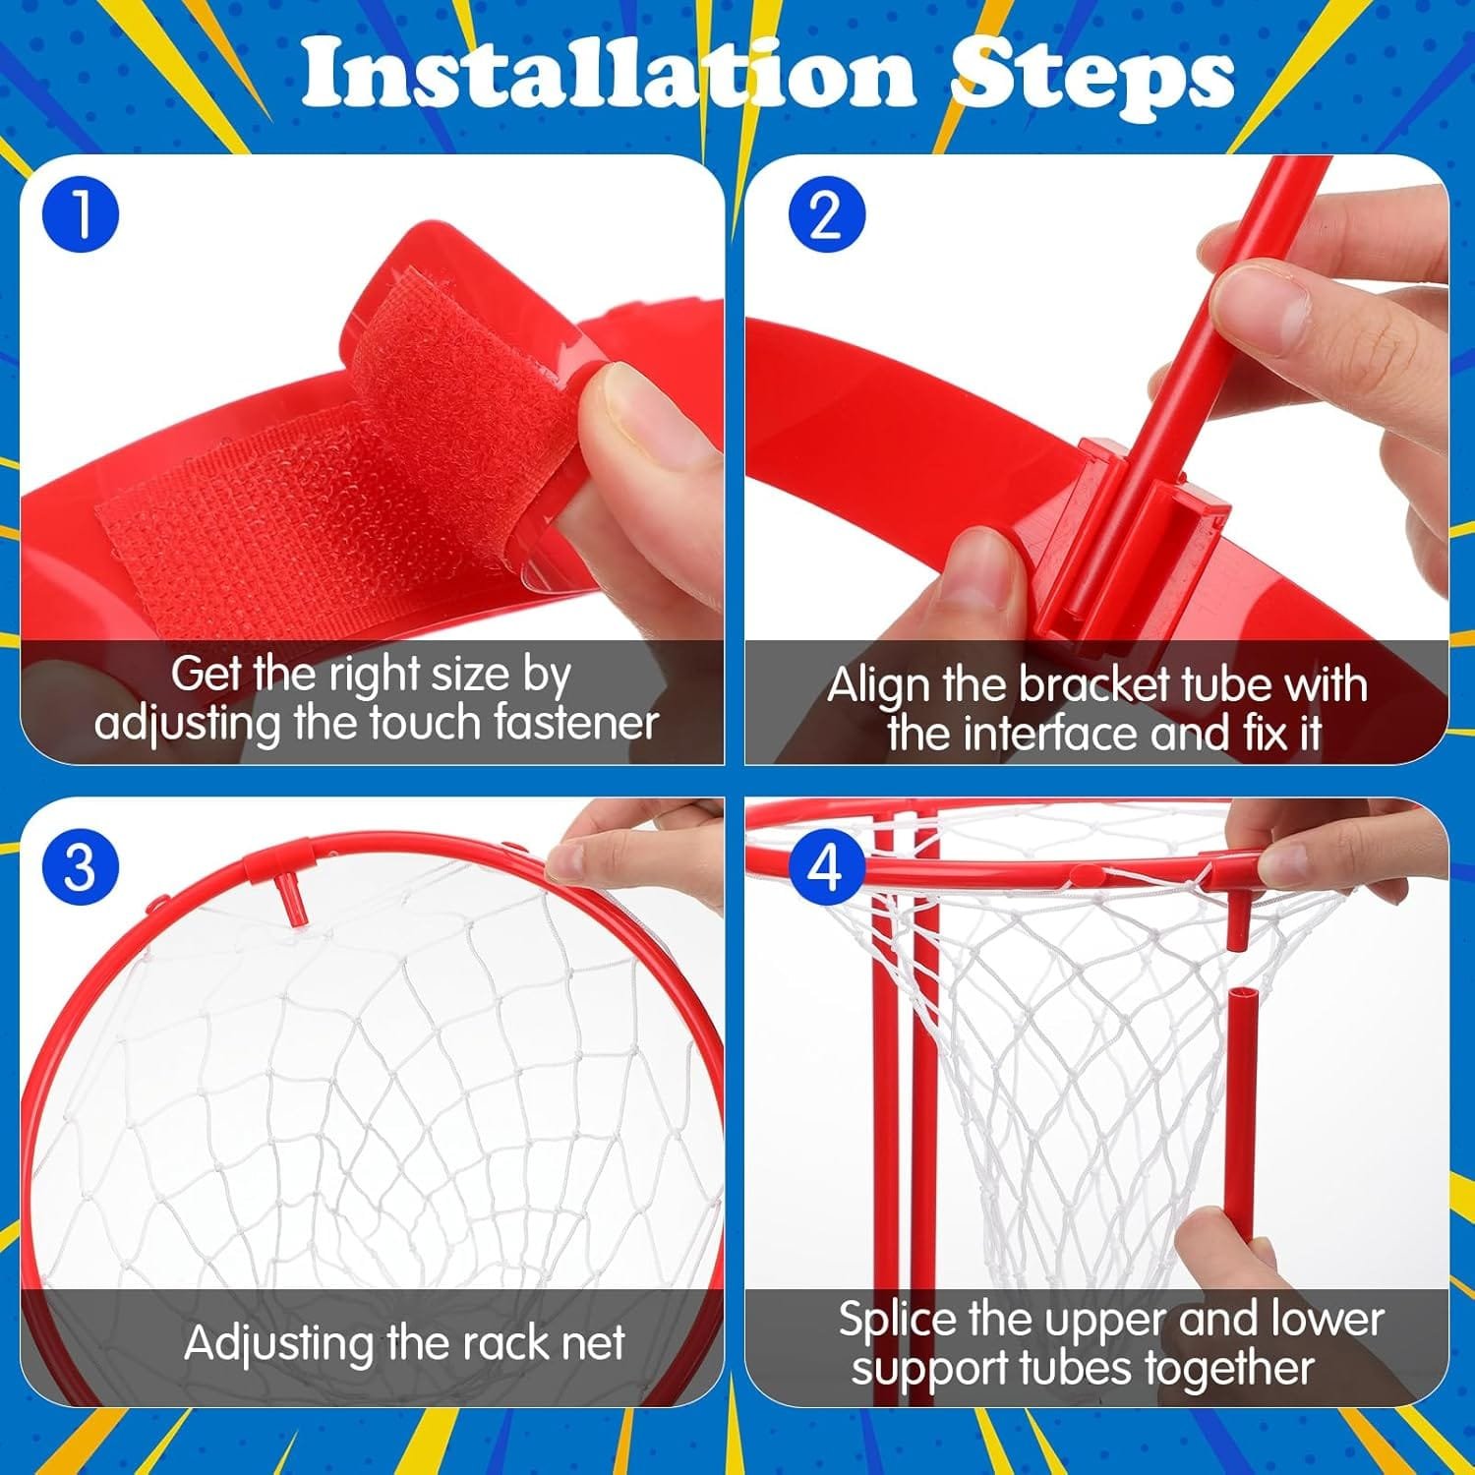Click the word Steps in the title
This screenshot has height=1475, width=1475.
[x=1091, y=75]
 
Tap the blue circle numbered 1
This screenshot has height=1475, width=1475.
[x=81, y=215]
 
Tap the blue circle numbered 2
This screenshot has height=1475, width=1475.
[x=827, y=215]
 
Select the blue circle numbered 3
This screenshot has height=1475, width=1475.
[x=81, y=867]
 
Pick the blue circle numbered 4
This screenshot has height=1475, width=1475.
[x=827, y=867]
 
